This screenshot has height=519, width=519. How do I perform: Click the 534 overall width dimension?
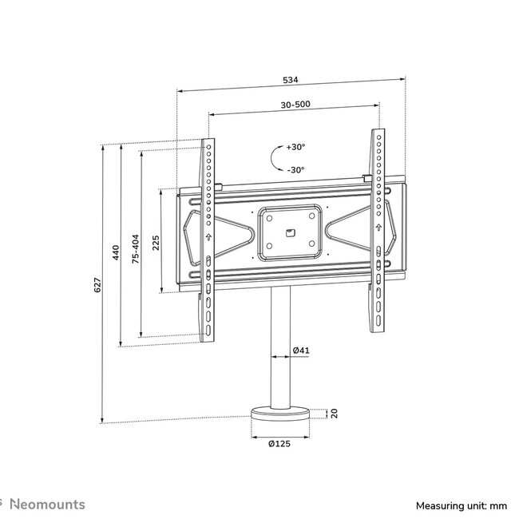tap(289, 80)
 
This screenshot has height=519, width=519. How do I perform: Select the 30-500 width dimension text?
tap(291, 104)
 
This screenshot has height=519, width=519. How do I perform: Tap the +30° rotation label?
tap(296, 147)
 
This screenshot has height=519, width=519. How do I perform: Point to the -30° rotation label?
tap(296, 170)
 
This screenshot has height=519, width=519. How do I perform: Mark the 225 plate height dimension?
tap(156, 240)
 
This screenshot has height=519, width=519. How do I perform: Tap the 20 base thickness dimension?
tap(335, 414)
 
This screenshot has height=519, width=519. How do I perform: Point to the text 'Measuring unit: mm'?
tap(462, 505)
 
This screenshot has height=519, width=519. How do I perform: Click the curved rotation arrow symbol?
tap(275, 159)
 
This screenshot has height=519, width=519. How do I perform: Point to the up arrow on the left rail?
tap(208, 237)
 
